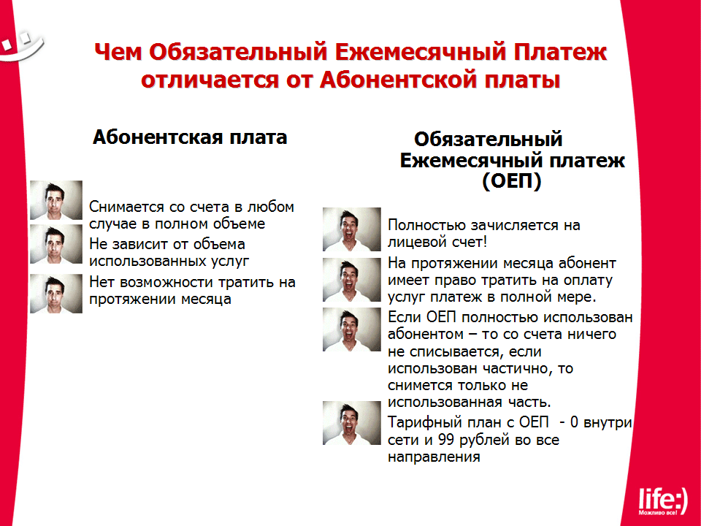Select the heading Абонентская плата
[x=190, y=137]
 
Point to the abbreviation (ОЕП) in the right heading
[x=512, y=181]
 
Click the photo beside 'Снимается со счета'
[x=56, y=200]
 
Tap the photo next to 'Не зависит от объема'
[x=56, y=244]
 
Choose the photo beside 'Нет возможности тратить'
[x=56, y=293]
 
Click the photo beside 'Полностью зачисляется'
[x=352, y=229]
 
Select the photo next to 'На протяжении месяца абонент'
[x=352, y=280]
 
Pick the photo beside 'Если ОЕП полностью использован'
[x=352, y=329]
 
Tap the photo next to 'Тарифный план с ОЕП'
[x=352, y=423]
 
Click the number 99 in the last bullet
[x=446, y=440]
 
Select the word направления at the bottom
[x=434, y=457]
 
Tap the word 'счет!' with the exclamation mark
[x=470, y=242]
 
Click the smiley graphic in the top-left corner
[x=20, y=45]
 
